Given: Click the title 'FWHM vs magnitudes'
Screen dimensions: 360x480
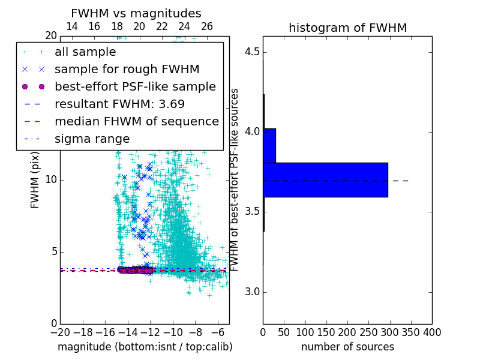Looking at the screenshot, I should pos(136,13).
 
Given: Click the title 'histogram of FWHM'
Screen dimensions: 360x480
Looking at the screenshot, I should pos(347,28).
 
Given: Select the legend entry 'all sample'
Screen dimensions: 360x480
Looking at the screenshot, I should pos(85,52).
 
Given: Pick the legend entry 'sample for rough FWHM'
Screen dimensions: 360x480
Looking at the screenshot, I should pos(127,69).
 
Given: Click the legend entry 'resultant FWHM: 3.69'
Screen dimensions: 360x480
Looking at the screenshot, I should pos(119,104).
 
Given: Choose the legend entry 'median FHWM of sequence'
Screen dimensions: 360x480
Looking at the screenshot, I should pos(136,121).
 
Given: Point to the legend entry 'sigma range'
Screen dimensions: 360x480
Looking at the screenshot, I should pos(92,139).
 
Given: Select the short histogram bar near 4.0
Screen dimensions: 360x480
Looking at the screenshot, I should pos(269,145).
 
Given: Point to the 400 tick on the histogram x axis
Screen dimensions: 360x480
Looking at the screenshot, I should pos(431,332).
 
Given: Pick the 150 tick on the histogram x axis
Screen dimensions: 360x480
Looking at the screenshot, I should pos(326,332).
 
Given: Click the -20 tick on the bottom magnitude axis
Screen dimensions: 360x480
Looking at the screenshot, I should pos(60,332).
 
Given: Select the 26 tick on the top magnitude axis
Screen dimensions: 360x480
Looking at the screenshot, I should pos(207,26).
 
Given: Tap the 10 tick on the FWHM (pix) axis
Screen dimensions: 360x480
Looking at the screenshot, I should pos(50,179).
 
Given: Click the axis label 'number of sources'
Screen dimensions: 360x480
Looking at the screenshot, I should pos(347,347).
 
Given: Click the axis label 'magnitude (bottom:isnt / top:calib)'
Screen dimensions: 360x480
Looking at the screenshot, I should pos(145,347).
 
